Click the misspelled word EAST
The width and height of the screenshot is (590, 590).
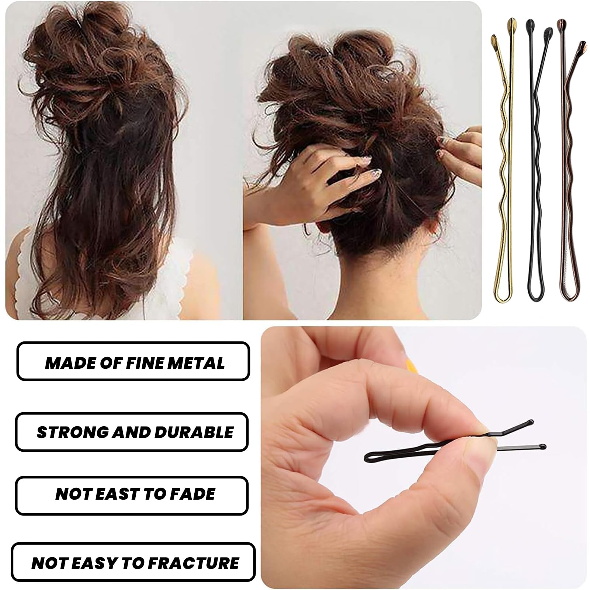pyautogui.click(x=115, y=494)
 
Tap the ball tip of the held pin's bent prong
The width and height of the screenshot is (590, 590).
pyautogui.click(x=531, y=421)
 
